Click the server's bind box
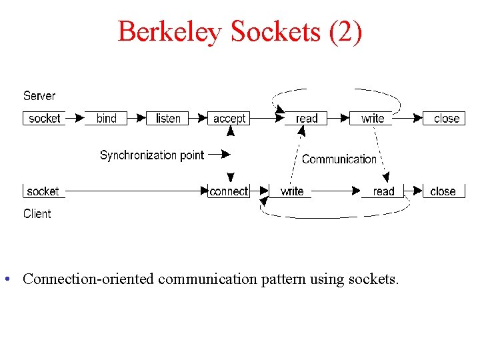(107, 119)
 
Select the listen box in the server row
(168, 119)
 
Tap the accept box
(229, 119)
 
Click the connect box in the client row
(229, 191)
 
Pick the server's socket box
(45, 119)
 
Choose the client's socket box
(43, 191)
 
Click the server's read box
(307, 119)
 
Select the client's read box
(383, 191)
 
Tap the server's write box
(373, 119)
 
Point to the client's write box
(292, 191)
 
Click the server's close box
(446, 119)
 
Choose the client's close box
(443, 191)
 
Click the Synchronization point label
(152, 155)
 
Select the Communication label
(339, 159)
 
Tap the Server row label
(39, 96)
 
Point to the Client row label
(37, 214)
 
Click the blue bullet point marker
(6, 279)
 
